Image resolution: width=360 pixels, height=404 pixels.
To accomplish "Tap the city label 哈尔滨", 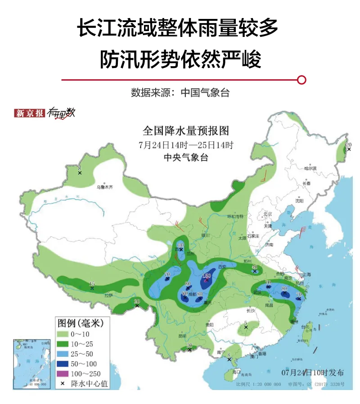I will click(x=310, y=168).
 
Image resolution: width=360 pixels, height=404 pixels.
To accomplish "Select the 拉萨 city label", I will click(x=108, y=295).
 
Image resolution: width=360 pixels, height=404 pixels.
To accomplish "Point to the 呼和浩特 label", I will click(x=235, y=217).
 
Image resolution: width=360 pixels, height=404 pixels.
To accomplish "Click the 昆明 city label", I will click(x=182, y=336).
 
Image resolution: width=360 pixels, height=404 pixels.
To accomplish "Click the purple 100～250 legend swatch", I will click(x=62, y=373).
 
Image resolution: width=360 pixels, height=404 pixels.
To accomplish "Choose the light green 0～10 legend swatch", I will click(x=62, y=333).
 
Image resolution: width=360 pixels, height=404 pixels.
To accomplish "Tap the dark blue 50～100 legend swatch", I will click(x=62, y=363).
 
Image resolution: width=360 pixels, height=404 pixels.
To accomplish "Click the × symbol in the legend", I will click(x=62, y=383).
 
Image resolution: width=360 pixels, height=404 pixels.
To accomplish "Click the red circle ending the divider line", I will click(x=302, y=80).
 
